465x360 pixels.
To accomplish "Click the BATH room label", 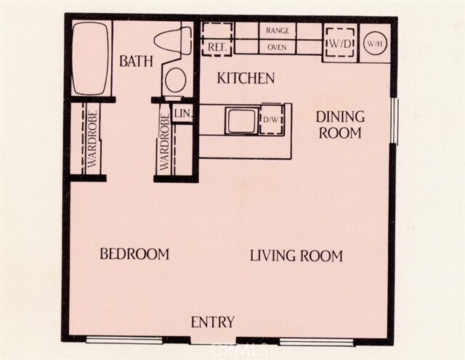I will [x=136, y=61].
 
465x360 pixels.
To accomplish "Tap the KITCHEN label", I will [x=247, y=78].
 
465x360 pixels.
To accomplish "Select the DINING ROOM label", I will [x=340, y=124].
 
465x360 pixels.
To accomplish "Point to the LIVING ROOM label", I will [x=296, y=255].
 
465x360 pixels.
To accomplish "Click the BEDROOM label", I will [x=134, y=254].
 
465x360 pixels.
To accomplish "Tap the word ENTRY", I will [x=212, y=322].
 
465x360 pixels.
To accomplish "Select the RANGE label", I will [x=278, y=30].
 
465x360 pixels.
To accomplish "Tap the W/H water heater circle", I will [x=375, y=44].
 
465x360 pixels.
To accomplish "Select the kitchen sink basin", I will [x=240, y=120].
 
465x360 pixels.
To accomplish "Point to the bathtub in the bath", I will [x=90, y=58].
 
